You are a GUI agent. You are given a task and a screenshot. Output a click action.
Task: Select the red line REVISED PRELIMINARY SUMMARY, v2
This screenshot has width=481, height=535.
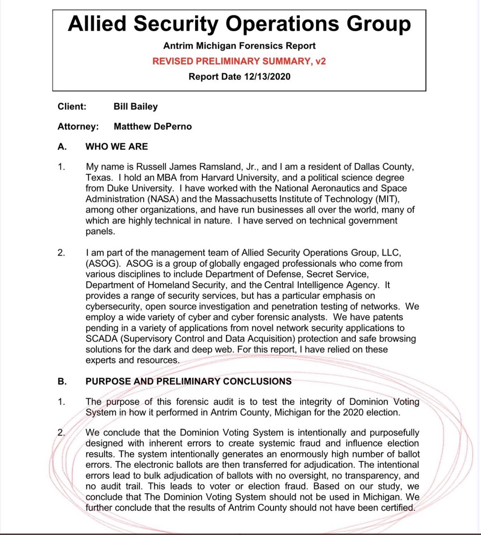click(x=239, y=61)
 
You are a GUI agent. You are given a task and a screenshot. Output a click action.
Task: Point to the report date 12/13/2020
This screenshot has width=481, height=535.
click(x=267, y=76)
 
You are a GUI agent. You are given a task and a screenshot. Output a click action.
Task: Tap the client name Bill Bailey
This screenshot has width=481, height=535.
click(x=136, y=106)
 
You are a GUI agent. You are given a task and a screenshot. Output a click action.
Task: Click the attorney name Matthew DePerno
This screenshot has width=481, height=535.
click(x=153, y=127)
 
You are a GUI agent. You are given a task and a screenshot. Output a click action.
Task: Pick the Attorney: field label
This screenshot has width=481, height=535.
click(x=78, y=127)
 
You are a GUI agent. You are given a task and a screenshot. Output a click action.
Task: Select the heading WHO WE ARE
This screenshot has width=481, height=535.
click(x=117, y=146)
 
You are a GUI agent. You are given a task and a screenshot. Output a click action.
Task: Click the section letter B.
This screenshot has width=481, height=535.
click(x=62, y=382)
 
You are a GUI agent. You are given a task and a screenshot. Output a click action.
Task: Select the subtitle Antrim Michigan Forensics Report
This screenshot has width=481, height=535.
click(x=239, y=46)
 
